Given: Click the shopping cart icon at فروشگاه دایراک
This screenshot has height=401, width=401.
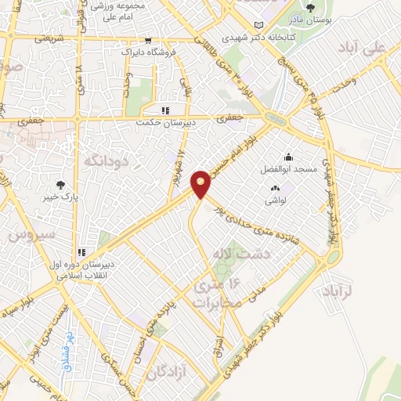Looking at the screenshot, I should (148, 40).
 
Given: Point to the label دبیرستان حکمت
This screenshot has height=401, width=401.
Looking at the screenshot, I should (158, 122).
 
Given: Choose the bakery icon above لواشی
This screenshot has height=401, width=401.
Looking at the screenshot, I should (275, 188).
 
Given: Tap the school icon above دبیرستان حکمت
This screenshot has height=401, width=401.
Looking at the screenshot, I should (164, 110).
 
